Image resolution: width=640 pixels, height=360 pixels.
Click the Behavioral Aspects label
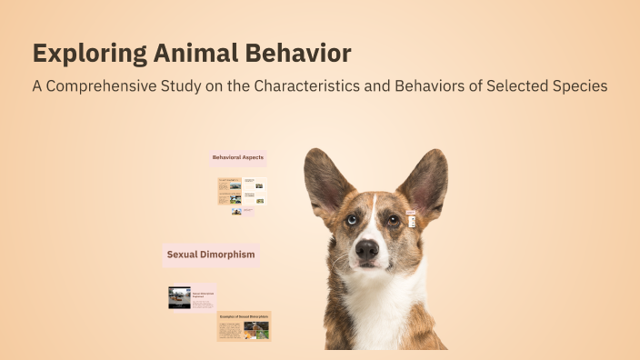click(238, 158)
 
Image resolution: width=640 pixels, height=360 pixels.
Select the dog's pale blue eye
click(352, 220)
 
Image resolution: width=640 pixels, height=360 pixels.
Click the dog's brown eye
click(393, 219)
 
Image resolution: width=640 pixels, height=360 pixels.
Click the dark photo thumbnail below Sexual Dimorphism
click(179, 297)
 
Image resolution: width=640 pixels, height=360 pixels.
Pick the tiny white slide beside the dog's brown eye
click(412, 220)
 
